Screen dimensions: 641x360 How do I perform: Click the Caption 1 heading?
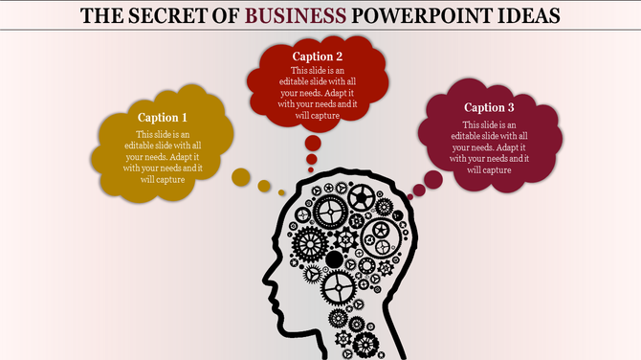pyautogui.click(x=163, y=117)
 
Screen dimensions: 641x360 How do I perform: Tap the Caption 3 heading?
pyautogui.click(x=489, y=107)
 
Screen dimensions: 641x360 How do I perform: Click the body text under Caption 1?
pyautogui.click(x=163, y=157)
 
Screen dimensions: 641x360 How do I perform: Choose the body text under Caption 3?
pyautogui.click(x=489, y=147)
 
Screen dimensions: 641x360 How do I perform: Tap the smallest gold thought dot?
pyautogui.click(x=282, y=192)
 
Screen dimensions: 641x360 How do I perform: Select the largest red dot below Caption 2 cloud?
pyautogui.click(x=313, y=144)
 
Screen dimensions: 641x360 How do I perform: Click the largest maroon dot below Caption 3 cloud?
pyautogui.click(x=432, y=178)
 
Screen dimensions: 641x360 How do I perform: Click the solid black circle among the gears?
pyautogui.click(x=335, y=259)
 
